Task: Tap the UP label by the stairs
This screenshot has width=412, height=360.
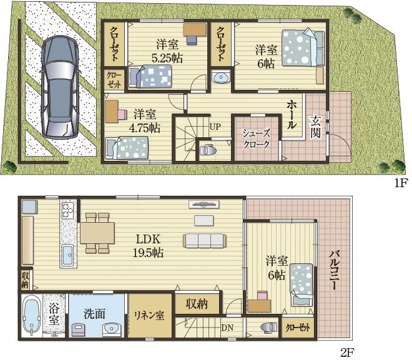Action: [215, 127]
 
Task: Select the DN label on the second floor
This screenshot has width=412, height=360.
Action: [227, 328]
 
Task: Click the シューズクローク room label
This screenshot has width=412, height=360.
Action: [256, 139]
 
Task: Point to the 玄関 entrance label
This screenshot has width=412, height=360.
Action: [315, 127]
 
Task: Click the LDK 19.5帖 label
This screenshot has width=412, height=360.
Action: [148, 246]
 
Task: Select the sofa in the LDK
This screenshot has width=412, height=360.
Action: [205, 241]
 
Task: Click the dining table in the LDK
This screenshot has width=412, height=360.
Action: [97, 233]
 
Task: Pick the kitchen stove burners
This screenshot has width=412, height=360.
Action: [68, 210]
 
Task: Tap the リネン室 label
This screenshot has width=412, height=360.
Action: [149, 315]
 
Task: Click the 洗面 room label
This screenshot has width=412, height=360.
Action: [95, 314]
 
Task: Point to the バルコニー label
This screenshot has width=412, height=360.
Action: [333, 270]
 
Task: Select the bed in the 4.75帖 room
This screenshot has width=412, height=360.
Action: [127, 148]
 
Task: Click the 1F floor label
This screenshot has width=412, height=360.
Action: [400, 183]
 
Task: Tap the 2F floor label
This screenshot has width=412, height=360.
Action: [348, 353]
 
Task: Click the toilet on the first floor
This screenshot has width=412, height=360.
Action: [208, 150]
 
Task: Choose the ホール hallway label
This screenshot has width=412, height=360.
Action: [292, 114]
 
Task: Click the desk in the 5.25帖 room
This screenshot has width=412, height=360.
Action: [195, 29]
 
